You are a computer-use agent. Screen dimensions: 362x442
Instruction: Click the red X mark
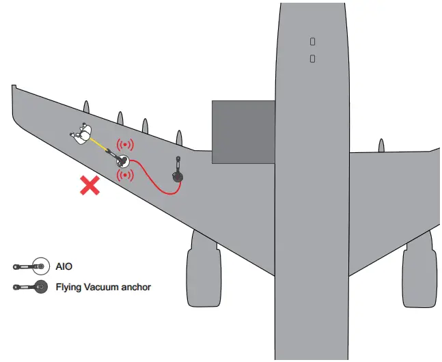point(89,185)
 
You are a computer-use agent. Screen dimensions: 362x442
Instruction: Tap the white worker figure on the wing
point(82,134)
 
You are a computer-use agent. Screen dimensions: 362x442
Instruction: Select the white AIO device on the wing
point(123,161)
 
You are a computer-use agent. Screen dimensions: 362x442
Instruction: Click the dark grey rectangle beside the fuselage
point(243,132)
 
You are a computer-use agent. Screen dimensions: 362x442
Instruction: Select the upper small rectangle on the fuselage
point(312,42)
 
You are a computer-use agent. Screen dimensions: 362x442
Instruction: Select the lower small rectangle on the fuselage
point(312,59)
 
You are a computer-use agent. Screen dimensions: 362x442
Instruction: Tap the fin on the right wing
point(381,144)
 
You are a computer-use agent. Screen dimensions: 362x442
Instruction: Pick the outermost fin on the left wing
point(85,107)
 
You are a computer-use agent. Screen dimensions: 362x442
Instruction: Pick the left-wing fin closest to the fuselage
point(179,137)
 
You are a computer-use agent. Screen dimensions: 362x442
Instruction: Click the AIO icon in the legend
point(30,266)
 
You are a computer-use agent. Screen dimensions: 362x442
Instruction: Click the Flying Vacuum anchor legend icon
point(30,287)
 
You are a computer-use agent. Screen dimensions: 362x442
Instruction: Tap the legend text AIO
point(64,266)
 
